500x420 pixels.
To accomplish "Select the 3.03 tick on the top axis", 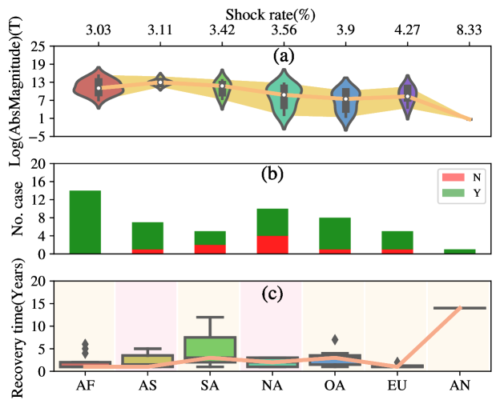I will point(99,30).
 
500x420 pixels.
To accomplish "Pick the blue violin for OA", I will point(346,100).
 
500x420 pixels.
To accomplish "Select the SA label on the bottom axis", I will point(210,385).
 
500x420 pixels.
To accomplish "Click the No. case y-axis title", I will point(17,209).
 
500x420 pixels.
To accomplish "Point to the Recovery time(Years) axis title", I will point(17,326).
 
